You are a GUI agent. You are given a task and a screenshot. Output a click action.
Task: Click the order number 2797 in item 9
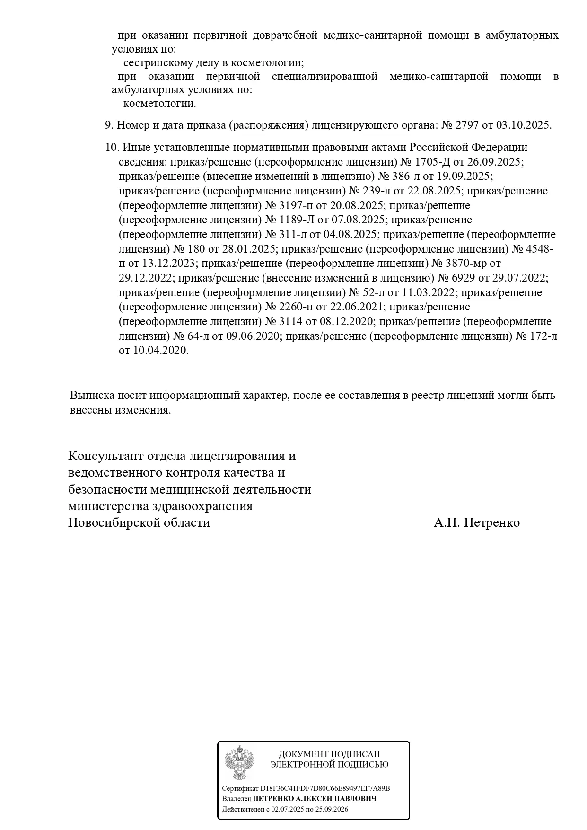(467, 125)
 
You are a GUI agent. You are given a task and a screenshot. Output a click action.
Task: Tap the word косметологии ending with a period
(159, 104)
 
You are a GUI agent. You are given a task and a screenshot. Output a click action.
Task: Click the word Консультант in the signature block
(105, 456)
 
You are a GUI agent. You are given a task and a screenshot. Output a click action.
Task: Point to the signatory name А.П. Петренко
(476, 523)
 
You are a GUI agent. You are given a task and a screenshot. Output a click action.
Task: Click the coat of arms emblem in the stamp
(239, 763)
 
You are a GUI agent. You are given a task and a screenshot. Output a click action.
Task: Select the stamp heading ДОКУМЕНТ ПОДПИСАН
(329, 754)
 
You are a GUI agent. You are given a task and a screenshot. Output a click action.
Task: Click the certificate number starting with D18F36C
(325, 788)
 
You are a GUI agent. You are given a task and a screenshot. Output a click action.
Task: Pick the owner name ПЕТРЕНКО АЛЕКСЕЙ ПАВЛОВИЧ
(315, 799)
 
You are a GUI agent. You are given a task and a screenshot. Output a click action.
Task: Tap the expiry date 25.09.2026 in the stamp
(329, 809)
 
